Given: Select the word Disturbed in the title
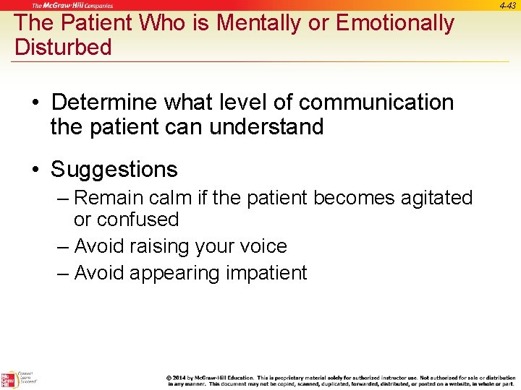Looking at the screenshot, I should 64,48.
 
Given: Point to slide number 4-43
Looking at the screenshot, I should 507,5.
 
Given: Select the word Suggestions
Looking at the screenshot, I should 114,170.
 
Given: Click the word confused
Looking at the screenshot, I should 137,220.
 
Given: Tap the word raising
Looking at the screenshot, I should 154,246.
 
